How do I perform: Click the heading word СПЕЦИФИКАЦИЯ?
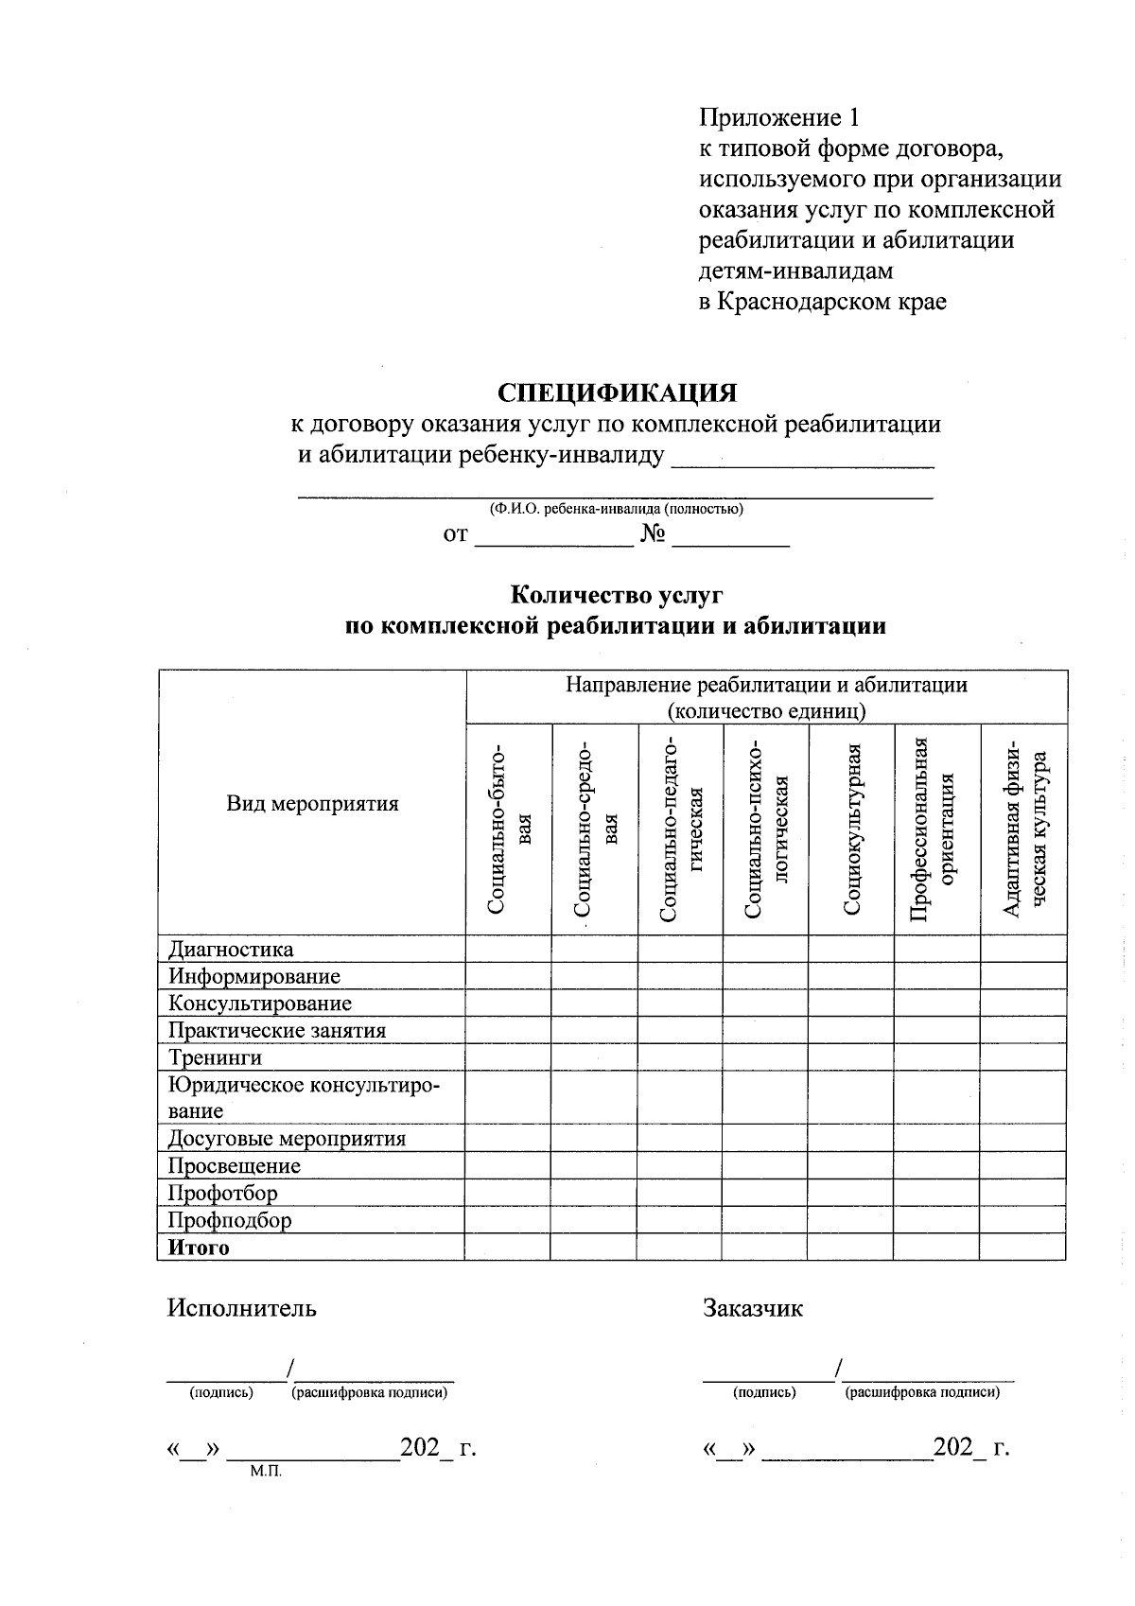pos(617,393)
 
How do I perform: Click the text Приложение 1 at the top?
pos(779,118)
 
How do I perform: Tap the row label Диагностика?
pos(231,949)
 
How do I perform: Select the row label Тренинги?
pos(215,1057)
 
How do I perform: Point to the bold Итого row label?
pos(199,1248)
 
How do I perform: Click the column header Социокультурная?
pos(851,829)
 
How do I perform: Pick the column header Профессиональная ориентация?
pos(936,829)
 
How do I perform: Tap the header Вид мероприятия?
pos(312,804)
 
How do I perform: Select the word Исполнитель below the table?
pos(242,1308)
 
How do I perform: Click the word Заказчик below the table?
pos(752,1308)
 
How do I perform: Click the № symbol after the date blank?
pos(653,535)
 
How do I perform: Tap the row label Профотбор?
pos(223,1193)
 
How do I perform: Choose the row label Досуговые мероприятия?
pos(287,1139)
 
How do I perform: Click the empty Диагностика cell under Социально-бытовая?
pos(508,949)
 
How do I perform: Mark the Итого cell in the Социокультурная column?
pos(850,1248)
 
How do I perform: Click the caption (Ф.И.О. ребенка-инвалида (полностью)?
pos(616,509)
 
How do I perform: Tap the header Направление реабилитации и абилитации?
pos(766,685)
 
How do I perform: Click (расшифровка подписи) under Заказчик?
pos(922,1392)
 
